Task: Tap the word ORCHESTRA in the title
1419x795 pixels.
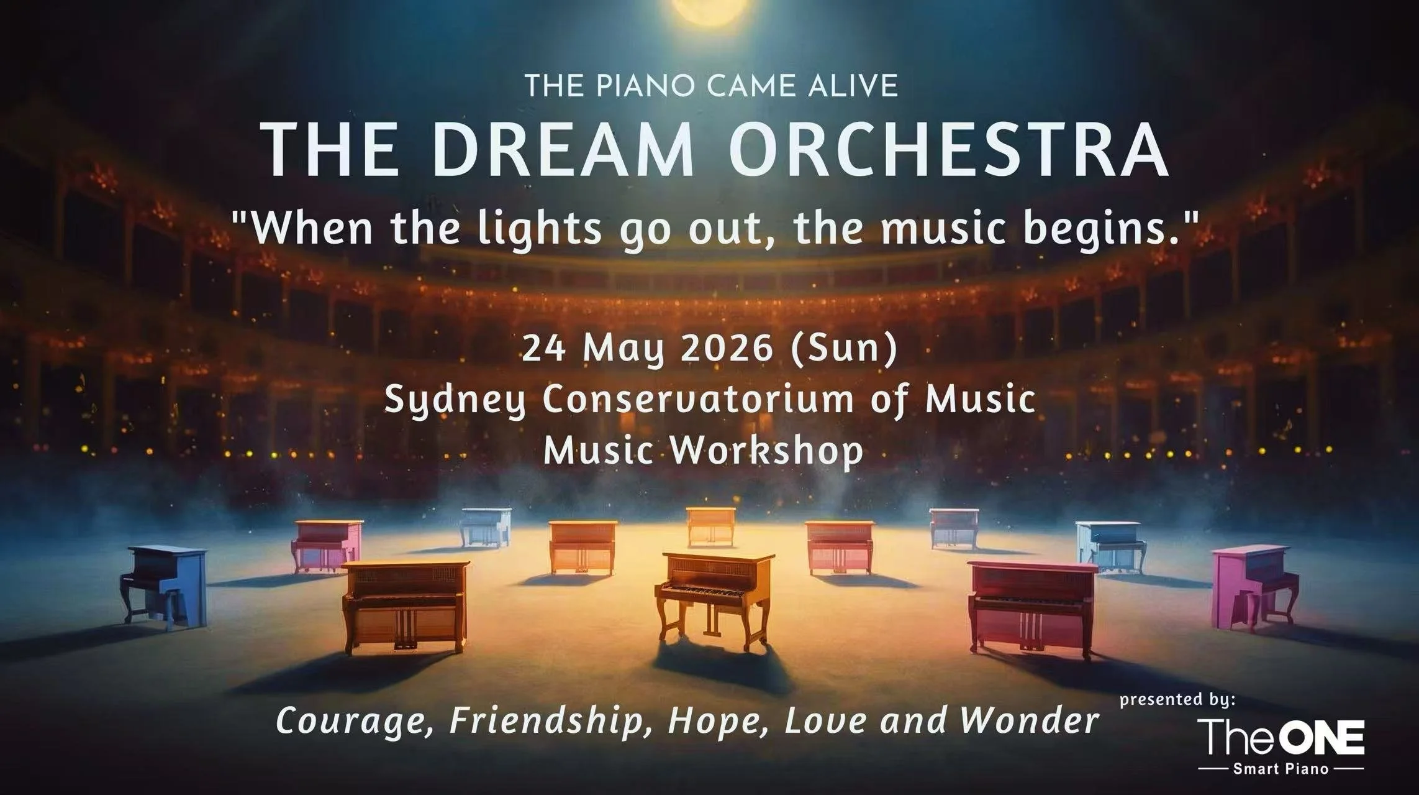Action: coord(948,150)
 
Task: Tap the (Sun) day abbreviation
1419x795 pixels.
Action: coord(844,349)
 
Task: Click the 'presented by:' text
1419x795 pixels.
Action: coord(1177,700)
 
